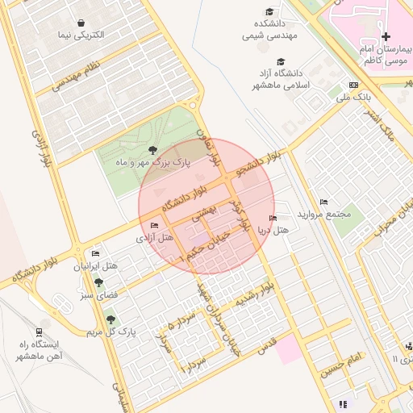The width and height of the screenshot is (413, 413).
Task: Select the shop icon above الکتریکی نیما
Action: (x=82, y=23)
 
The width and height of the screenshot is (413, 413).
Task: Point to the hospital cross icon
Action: (x=386, y=36)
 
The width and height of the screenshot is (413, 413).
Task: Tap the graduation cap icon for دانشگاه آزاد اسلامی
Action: (x=281, y=61)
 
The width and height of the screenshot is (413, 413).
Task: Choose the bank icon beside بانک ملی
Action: (x=353, y=85)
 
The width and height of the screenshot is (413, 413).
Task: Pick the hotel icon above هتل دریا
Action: (x=272, y=218)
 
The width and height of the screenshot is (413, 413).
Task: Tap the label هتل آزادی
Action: (x=156, y=238)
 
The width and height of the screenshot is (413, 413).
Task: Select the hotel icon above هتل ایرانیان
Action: (x=96, y=253)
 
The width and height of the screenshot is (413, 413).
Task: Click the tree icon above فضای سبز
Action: (x=98, y=282)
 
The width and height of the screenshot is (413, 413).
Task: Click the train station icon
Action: (x=40, y=331)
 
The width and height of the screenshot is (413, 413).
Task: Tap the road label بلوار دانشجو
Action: (x=260, y=165)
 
